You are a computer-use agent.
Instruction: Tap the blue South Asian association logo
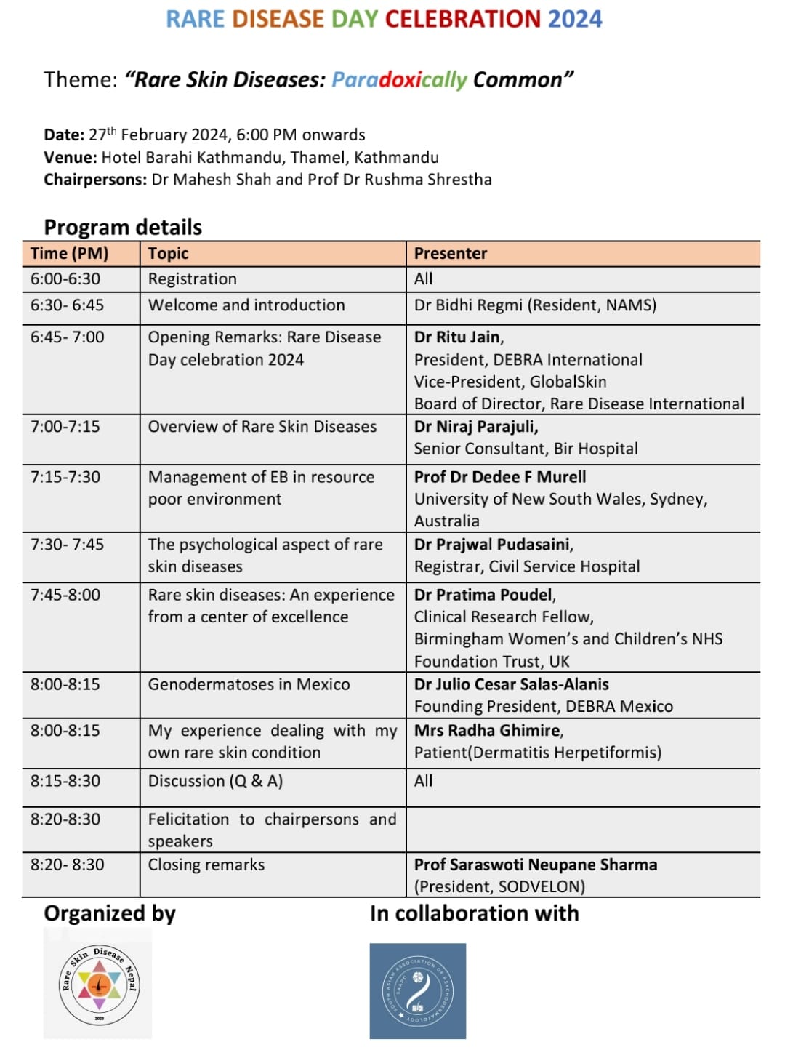point(417,990)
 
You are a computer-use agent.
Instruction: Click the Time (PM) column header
point(69,253)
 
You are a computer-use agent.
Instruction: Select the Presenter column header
point(451,253)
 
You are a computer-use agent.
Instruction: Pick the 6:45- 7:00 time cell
point(68,337)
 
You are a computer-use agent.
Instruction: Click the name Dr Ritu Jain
point(457,337)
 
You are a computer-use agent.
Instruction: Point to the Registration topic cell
point(193,279)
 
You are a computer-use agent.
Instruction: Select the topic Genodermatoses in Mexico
point(249,684)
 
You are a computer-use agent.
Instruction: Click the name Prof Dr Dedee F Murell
point(500,477)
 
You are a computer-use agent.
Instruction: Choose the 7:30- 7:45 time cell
point(68,545)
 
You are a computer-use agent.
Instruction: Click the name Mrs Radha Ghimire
point(487,730)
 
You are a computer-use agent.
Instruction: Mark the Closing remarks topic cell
point(206,865)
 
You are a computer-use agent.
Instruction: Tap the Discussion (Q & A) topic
point(215,781)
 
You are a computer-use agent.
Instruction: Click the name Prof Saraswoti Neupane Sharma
point(536,865)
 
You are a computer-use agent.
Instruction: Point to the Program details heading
point(123,227)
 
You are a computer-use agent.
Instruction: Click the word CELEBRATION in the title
point(462,19)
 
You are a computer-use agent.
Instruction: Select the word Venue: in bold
point(70,158)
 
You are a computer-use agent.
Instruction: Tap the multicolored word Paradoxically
point(399,79)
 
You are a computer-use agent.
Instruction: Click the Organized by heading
point(110,913)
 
